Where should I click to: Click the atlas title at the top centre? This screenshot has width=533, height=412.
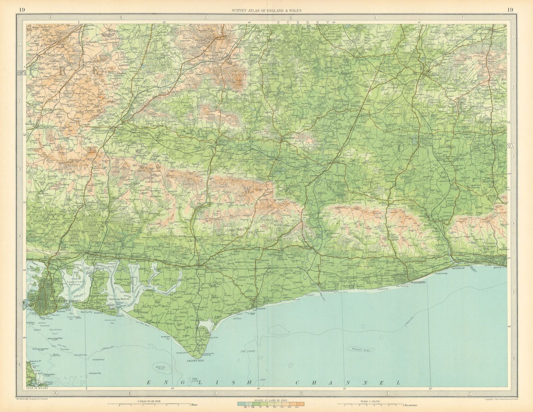266,10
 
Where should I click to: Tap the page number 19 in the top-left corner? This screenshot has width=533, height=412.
22,10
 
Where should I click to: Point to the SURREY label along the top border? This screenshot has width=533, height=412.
303,22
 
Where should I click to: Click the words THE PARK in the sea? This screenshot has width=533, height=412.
247,352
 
